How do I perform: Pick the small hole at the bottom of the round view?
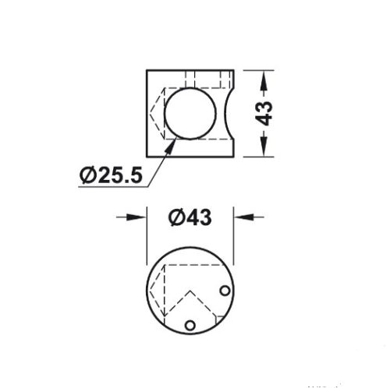(188, 324)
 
